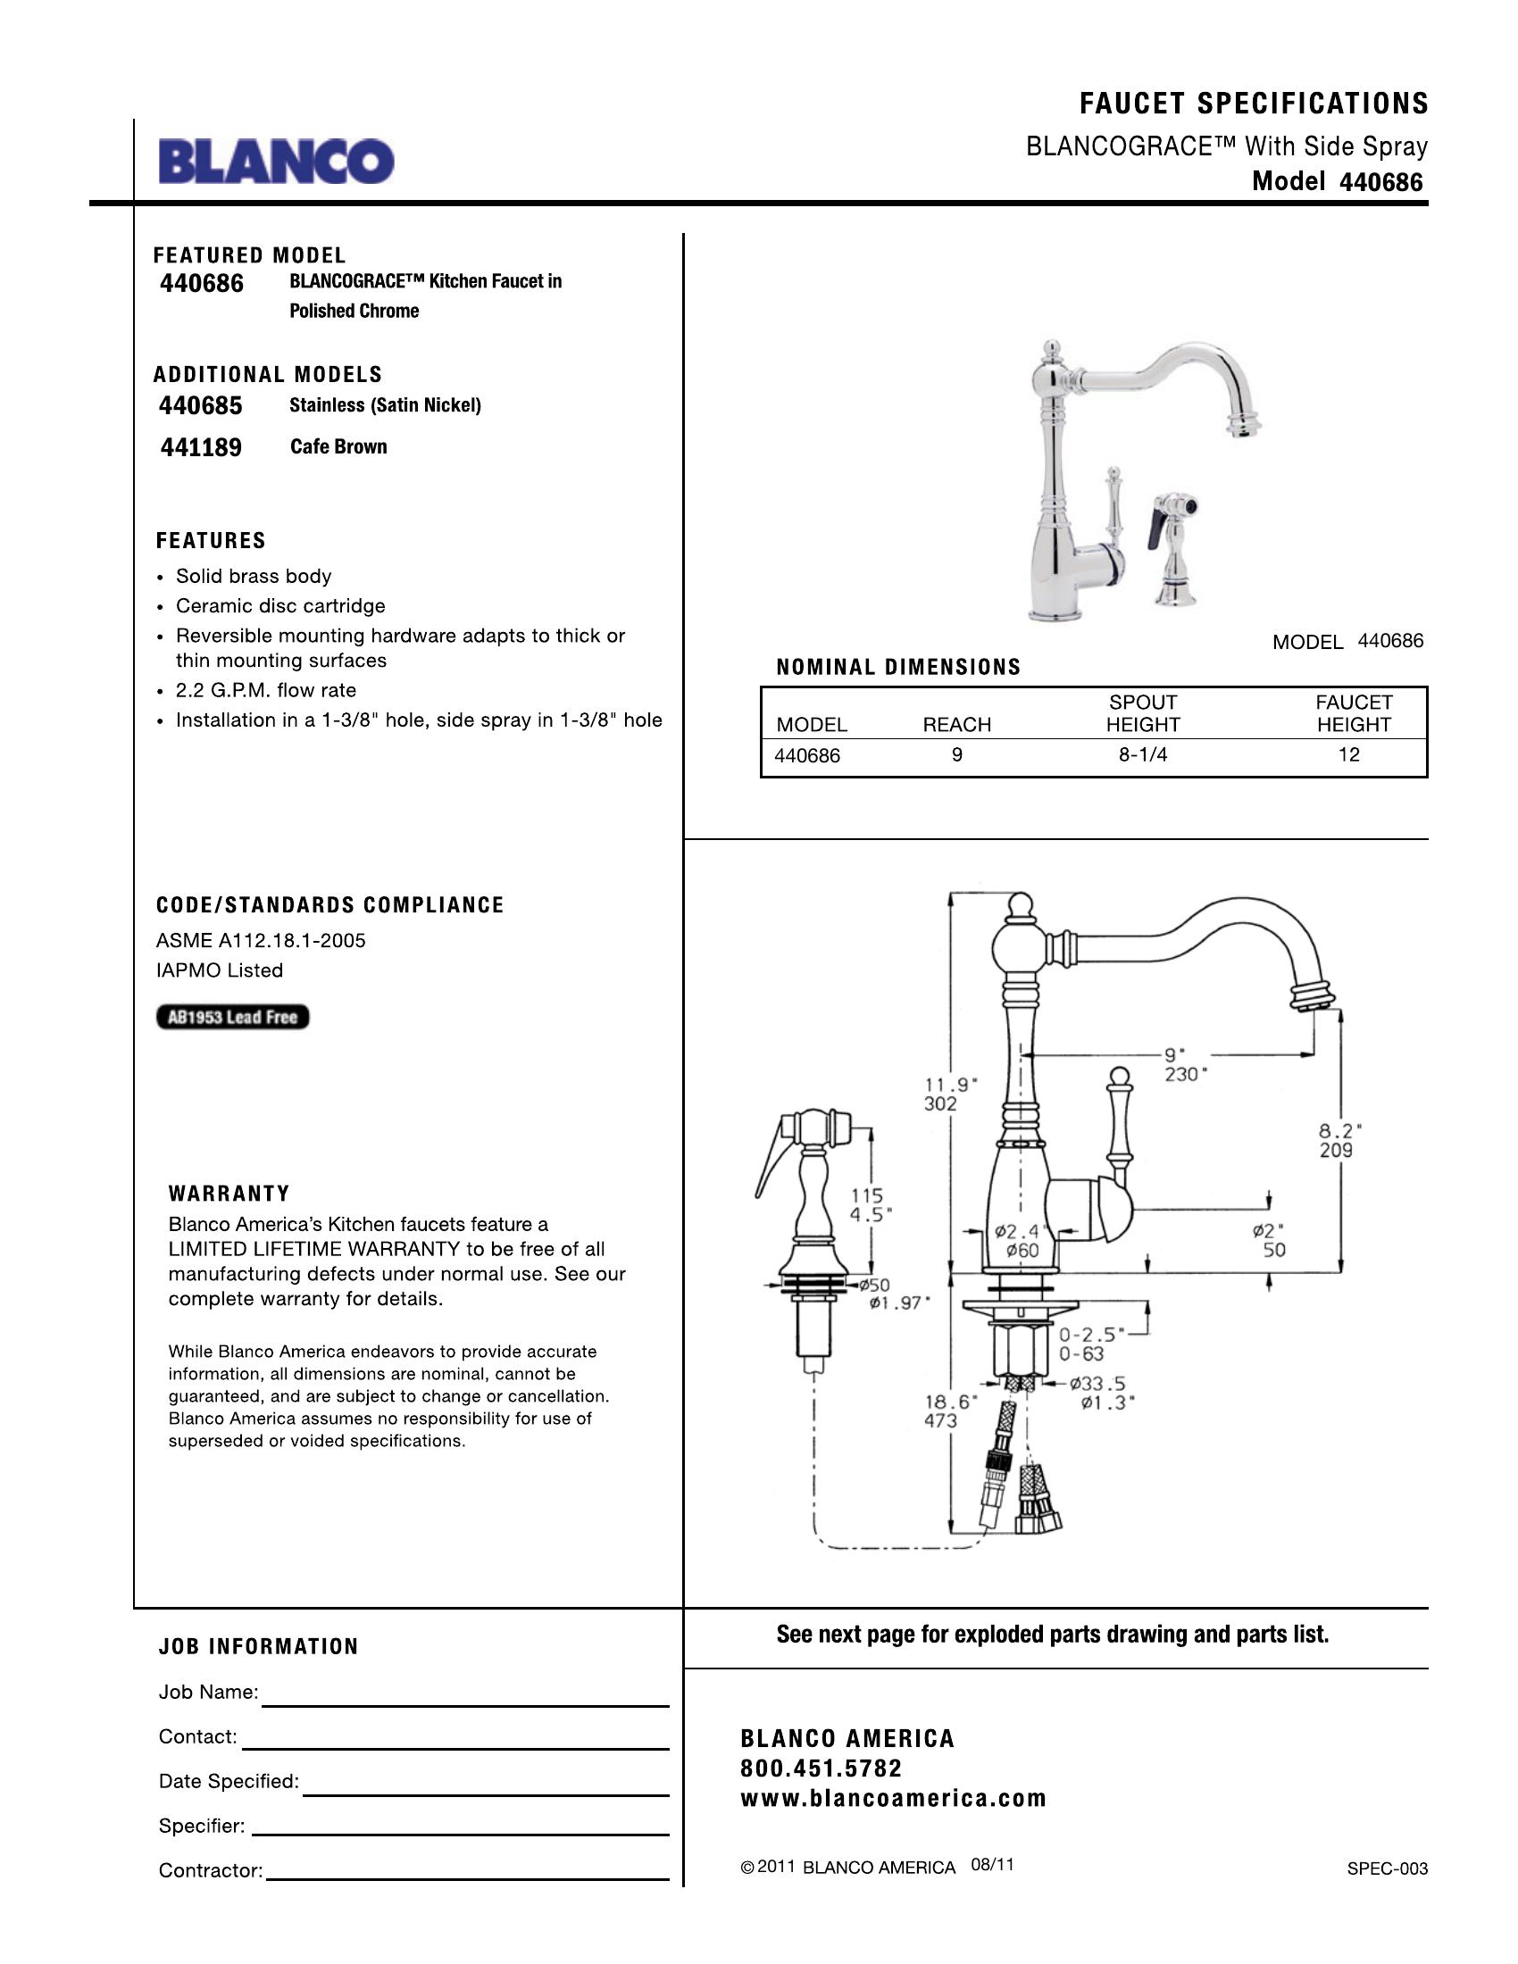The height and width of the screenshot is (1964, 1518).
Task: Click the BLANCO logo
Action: pyautogui.click(x=276, y=162)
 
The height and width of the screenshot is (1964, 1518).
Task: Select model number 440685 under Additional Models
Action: pyautogui.click(x=201, y=405)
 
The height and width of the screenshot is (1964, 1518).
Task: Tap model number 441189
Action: pyautogui.click(x=201, y=447)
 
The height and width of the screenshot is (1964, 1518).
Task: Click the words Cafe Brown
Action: pyautogui.click(x=338, y=447)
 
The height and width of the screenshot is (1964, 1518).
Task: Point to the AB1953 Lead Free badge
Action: pyautogui.click(x=233, y=1017)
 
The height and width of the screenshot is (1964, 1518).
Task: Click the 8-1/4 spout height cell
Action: pyautogui.click(x=1142, y=755)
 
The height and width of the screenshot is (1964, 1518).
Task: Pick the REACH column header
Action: pyautogui.click(x=956, y=725)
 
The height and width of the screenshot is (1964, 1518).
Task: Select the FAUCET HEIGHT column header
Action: pyautogui.click(x=1353, y=713)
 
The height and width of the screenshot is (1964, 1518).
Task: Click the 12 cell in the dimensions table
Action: pyautogui.click(x=1348, y=755)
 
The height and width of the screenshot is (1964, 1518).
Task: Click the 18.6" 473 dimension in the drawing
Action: pyautogui.click(x=942, y=1411)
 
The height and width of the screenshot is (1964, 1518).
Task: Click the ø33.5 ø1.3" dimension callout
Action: pyautogui.click(x=1102, y=1393)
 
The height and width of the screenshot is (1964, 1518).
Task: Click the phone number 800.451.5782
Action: pyautogui.click(x=821, y=1768)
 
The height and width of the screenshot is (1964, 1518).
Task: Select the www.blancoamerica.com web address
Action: pyautogui.click(x=893, y=1799)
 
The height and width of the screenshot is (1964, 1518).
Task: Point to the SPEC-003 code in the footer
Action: pyautogui.click(x=1387, y=1868)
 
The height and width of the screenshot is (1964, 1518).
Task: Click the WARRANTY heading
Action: pyautogui.click(x=229, y=1194)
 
